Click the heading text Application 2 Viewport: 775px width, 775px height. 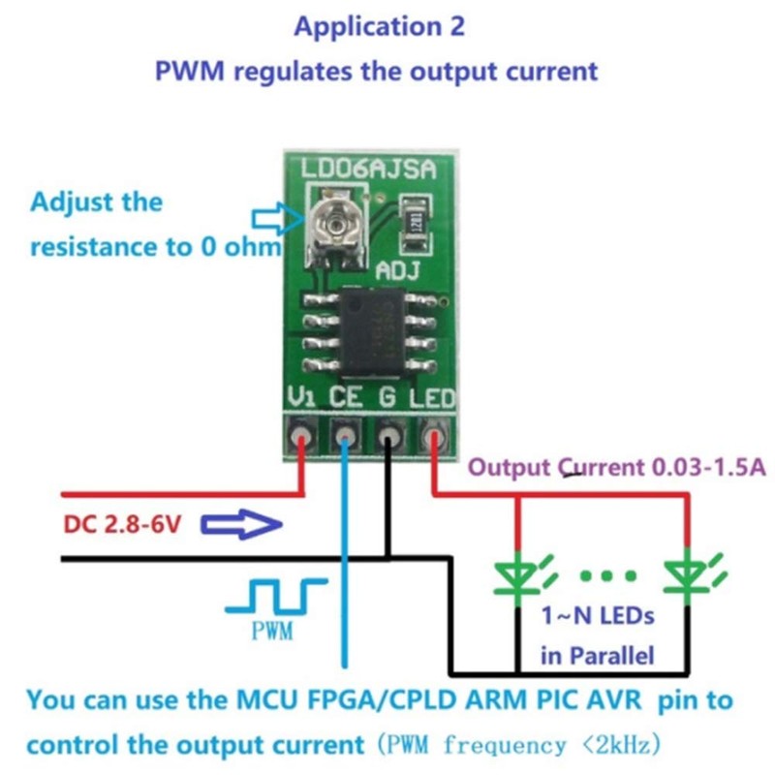(x=379, y=27)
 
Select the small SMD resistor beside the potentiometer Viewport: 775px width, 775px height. (x=414, y=214)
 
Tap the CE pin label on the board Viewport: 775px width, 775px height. (x=346, y=397)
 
